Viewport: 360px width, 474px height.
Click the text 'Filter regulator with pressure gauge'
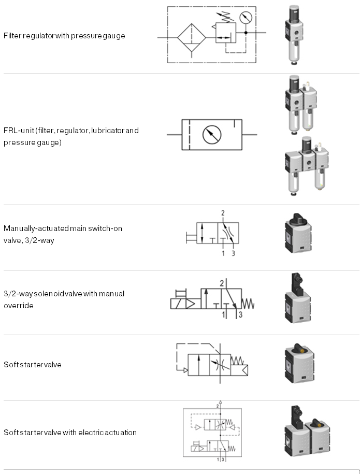point(64,36)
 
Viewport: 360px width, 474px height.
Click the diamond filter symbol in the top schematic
point(192,37)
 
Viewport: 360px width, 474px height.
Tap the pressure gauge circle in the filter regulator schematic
point(247,18)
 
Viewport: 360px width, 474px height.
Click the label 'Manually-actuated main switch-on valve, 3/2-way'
point(63,234)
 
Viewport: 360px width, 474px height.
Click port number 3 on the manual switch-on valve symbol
point(233,253)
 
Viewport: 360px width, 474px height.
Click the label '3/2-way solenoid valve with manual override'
point(64,299)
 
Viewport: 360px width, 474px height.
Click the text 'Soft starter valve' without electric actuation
point(33,365)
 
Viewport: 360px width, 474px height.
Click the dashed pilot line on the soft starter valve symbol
point(178,357)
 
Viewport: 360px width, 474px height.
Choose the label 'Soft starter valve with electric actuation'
point(70,433)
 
